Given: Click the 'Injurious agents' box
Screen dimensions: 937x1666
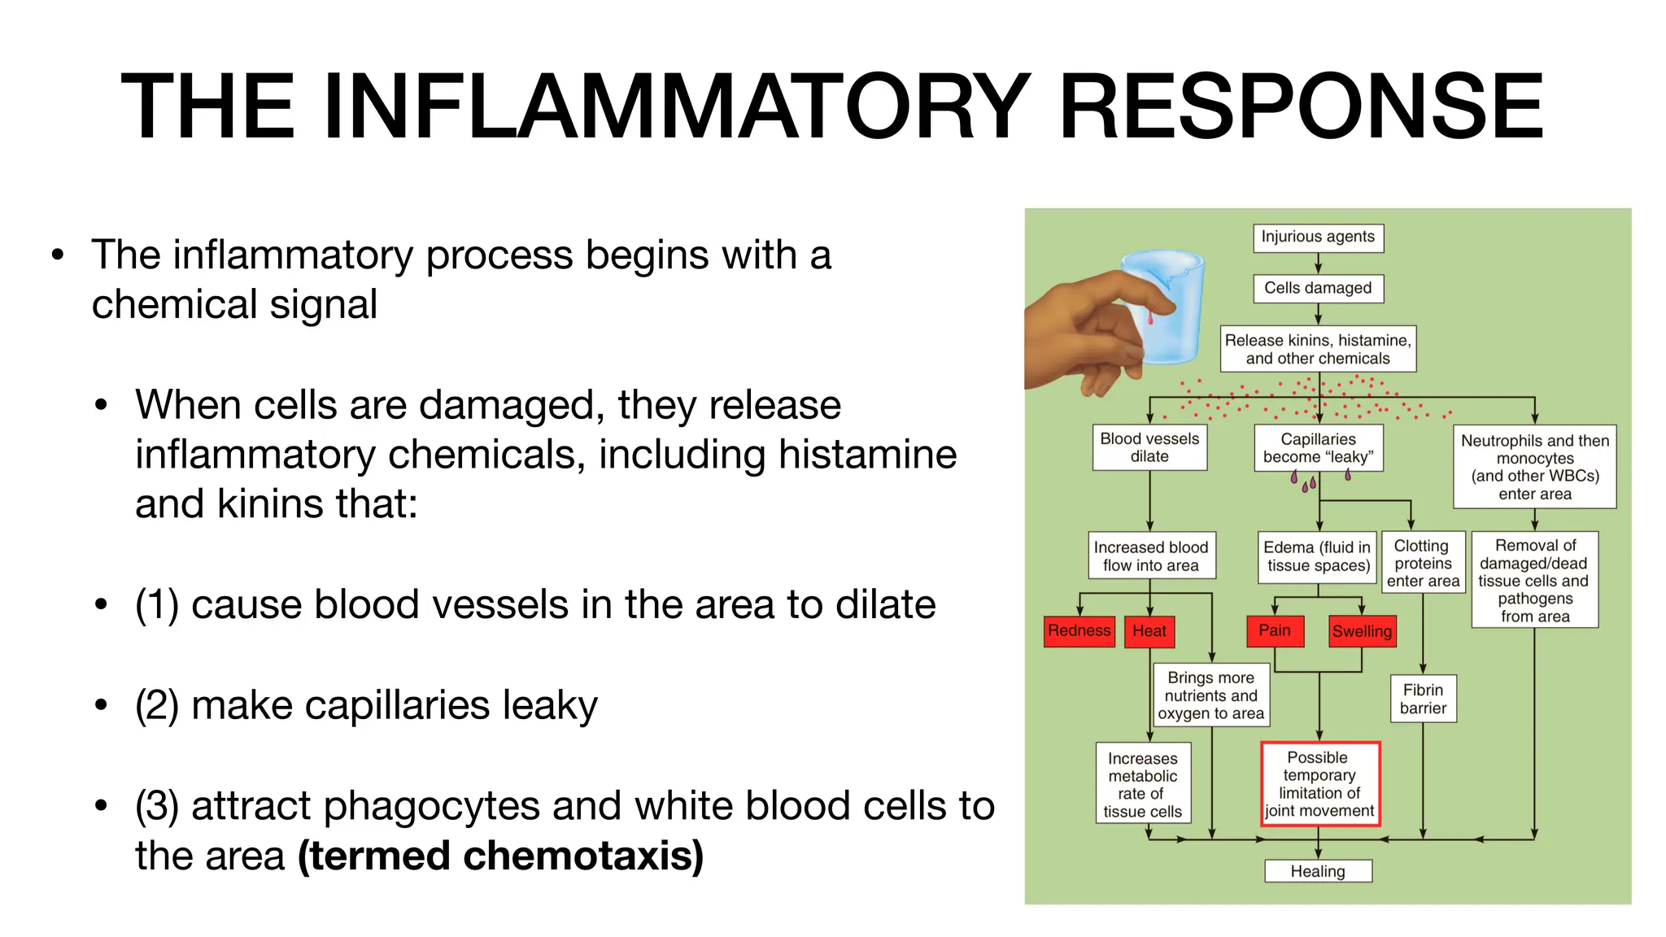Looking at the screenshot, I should coord(1318,238).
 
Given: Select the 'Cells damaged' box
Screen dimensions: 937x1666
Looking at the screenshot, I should coord(1318,288).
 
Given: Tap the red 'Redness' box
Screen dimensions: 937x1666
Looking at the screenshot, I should coord(1079,631).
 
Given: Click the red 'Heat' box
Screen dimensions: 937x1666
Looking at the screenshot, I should coord(1149,631).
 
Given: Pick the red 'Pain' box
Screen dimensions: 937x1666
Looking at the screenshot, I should coord(1275,631).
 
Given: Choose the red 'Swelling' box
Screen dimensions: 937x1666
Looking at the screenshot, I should coord(1362,632).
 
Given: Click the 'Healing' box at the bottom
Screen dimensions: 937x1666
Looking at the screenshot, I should coord(1318,871).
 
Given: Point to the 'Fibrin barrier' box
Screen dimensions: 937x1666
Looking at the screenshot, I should coord(1423,699).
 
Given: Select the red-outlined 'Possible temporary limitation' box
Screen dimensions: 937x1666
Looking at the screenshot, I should coord(1319,784).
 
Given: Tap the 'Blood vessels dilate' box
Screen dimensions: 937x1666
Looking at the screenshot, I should coord(1149,448).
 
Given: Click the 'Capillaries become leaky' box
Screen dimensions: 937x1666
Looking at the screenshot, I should coord(1318,448).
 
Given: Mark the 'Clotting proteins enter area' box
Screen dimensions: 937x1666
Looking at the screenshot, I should coord(1423,563).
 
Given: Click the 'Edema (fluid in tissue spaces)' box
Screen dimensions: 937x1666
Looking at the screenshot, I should coord(1318,557).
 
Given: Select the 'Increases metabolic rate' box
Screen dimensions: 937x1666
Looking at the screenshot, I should coord(1142,784).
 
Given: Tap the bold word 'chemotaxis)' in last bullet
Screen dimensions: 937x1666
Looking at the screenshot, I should coord(591,856).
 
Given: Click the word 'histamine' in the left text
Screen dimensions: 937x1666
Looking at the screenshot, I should coord(859,454).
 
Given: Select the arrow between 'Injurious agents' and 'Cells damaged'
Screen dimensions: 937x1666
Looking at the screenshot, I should coord(1318,264).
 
